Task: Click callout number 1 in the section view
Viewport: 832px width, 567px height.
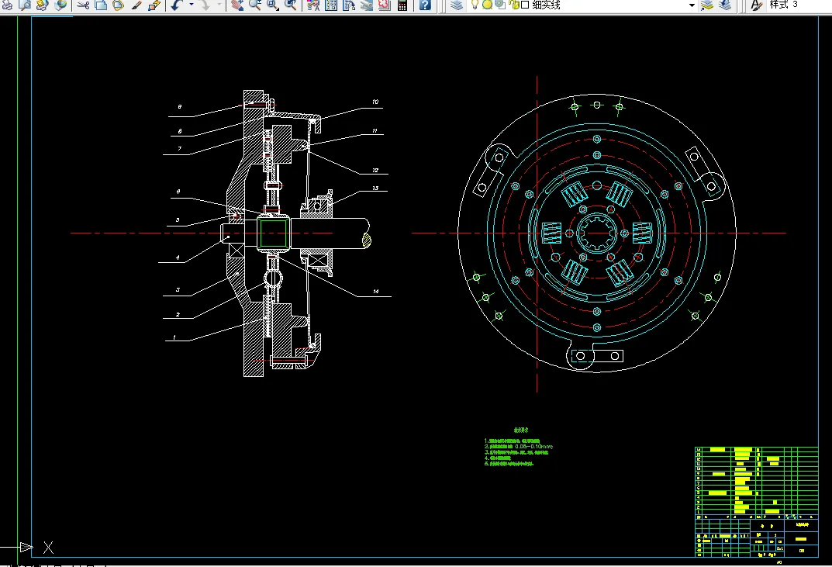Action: point(174,337)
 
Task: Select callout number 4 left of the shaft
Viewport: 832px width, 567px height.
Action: point(177,258)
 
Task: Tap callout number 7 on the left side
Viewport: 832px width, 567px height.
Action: point(178,149)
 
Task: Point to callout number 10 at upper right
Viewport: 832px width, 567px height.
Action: point(375,102)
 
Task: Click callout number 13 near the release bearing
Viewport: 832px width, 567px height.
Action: point(375,188)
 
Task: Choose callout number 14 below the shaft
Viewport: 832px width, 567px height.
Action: point(375,291)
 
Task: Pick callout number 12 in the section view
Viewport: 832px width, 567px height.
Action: point(375,170)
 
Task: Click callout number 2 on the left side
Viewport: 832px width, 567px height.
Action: point(178,314)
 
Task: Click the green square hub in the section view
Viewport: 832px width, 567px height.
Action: point(273,233)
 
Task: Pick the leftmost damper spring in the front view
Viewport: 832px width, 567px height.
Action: point(552,232)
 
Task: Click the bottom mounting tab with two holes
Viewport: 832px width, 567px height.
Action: point(596,356)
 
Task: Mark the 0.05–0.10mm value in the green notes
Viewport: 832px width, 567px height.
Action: point(533,447)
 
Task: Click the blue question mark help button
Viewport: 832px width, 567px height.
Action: point(425,5)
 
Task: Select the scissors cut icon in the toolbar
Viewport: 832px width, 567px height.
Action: point(83,5)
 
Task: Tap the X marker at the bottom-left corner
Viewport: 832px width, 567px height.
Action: point(48,548)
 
